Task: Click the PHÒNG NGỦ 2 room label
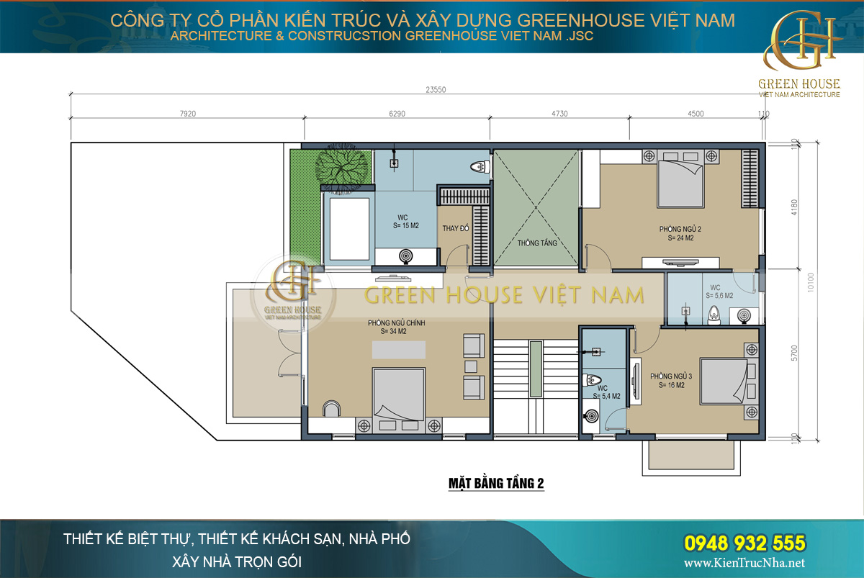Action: pos(680,232)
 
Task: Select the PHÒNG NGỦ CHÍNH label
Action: pos(396,328)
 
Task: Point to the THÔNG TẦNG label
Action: pos(537,243)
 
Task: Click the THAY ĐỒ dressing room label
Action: pos(456,229)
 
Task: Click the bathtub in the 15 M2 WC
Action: pos(348,229)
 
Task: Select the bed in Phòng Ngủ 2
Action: pos(680,181)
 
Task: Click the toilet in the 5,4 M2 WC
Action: pos(593,381)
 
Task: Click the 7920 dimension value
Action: pos(186,113)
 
